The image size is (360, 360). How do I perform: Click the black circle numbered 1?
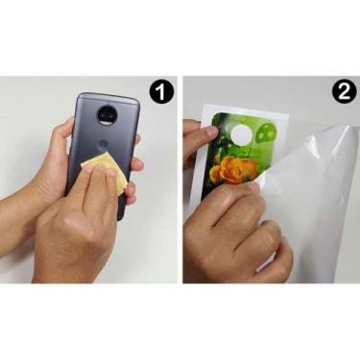[x=161, y=93]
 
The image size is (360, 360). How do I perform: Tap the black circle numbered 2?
[x=344, y=92]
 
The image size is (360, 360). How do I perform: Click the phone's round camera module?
[x=107, y=115]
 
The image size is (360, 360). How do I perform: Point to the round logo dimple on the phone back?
[x=103, y=144]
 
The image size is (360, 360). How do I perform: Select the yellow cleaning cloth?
[x=107, y=170]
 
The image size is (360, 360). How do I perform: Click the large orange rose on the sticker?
[x=237, y=170]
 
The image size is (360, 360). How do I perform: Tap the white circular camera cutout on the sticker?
[x=241, y=136]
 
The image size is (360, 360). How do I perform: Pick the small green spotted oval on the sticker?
[x=268, y=133]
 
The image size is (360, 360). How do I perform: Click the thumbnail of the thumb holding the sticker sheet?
[x=211, y=132]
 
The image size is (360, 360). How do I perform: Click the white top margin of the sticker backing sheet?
[x=245, y=108]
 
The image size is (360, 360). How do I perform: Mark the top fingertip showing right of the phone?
[x=138, y=139]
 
